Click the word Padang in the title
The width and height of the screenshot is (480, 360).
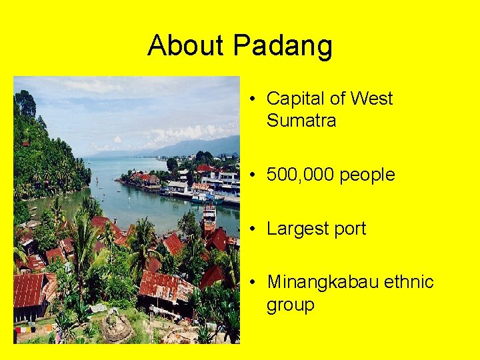point(283,46)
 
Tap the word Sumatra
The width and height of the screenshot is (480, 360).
point(301,121)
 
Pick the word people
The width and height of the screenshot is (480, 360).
point(367,175)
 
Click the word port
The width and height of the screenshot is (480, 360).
point(351,229)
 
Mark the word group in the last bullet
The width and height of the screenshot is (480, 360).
point(291,305)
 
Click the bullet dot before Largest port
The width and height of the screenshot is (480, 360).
point(255,229)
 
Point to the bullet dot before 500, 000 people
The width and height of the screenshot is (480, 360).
point(255,175)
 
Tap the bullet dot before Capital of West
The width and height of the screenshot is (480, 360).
point(255,99)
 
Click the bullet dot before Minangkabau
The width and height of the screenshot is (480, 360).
point(255,282)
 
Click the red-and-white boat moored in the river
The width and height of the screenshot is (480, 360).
point(209,217)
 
